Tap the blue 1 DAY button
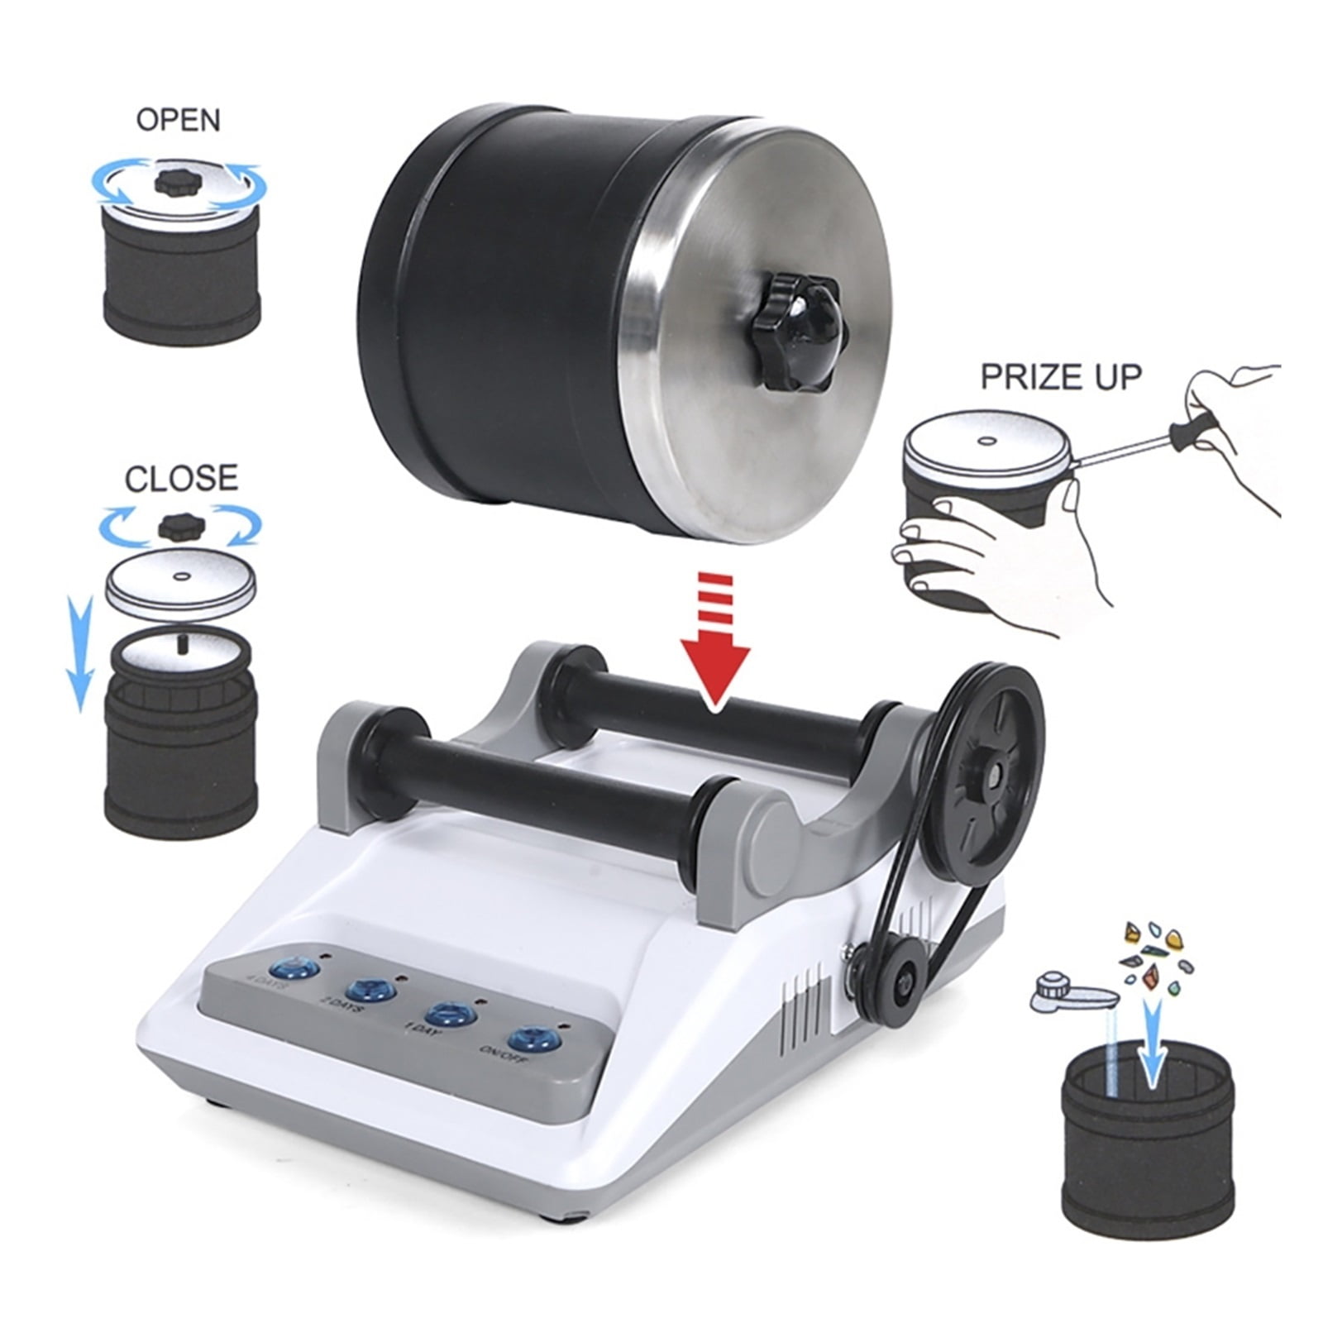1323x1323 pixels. tap(447, 1015)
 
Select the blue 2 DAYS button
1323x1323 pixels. tap(368, 990)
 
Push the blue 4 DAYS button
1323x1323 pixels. tap(296, 967)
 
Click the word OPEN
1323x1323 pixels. tap(179, 120)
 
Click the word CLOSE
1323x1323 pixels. tap(181, 479)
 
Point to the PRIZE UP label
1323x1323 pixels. tap(1061, 377)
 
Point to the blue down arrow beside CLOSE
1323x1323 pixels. tap(79, 653)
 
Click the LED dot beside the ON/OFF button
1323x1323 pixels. tap(563, 1025)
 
